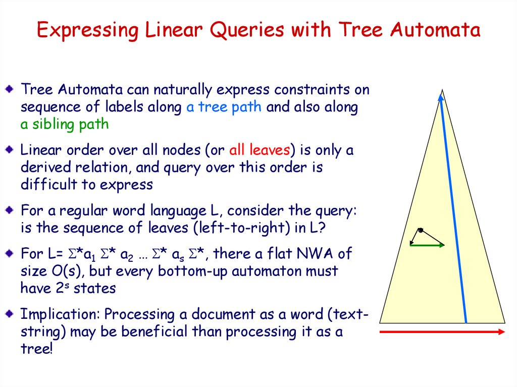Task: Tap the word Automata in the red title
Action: click(435, 29)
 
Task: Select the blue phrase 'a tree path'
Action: click(224, 107)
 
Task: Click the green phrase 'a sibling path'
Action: click(65, 124)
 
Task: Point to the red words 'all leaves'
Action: click(260, 150)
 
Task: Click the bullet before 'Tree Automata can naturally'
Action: click(10, 89)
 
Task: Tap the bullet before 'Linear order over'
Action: click(10, 150)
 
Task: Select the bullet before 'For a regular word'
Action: click(10, 210)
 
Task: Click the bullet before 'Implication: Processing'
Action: click(10, 313)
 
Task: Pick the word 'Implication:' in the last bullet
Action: click(60, 314)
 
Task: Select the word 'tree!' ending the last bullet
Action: click(36, 349)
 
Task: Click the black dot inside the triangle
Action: click(421, 230)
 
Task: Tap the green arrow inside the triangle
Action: click(427, 245)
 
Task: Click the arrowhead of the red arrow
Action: click(501, 332)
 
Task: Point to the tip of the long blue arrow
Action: click(440, 94)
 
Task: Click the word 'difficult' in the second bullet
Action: click(49, 184)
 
